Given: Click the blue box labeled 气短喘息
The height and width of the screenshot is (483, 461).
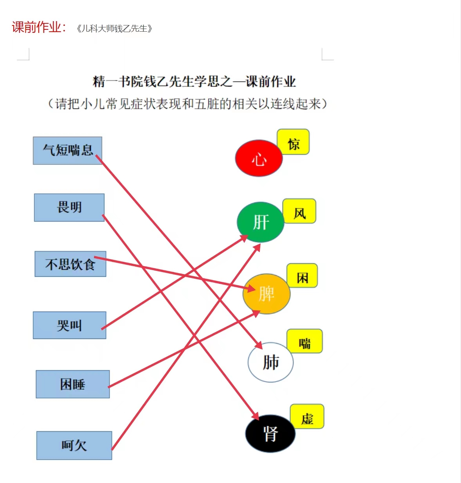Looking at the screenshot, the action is coord(68,151).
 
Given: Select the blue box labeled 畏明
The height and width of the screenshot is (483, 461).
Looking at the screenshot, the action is coord(69,207).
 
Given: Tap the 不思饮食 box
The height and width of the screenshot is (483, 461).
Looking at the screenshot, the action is coord(70,264).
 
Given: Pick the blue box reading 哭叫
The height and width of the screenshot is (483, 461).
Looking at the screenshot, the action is coord(70,325).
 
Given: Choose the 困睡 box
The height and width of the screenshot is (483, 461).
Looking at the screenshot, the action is coord(73,384).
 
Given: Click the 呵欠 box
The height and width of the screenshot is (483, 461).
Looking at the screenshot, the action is coord(74,445).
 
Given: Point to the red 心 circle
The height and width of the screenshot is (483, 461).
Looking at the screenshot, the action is coord(259,158).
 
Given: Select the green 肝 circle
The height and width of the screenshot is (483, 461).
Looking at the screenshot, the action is coord(261,222).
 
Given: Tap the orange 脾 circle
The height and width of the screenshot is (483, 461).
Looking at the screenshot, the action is coord(267,294).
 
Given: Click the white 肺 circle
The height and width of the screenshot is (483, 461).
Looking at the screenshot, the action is coord(270,362).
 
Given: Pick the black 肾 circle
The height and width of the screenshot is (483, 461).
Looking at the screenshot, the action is coord(270,434).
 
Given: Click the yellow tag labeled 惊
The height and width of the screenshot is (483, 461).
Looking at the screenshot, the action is coord(293,142).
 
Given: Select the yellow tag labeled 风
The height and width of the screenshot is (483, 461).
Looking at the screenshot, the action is coord(299,211).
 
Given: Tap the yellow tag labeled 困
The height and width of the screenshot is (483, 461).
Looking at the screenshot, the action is coord(302,276).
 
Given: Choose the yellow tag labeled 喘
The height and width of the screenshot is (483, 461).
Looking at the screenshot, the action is coord(305,341).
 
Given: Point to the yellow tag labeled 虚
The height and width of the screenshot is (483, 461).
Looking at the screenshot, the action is coord(307,416).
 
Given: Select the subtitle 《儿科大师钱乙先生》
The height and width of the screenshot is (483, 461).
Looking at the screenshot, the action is coord(114,29).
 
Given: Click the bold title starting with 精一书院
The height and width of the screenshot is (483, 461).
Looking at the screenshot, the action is coord(194,81).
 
